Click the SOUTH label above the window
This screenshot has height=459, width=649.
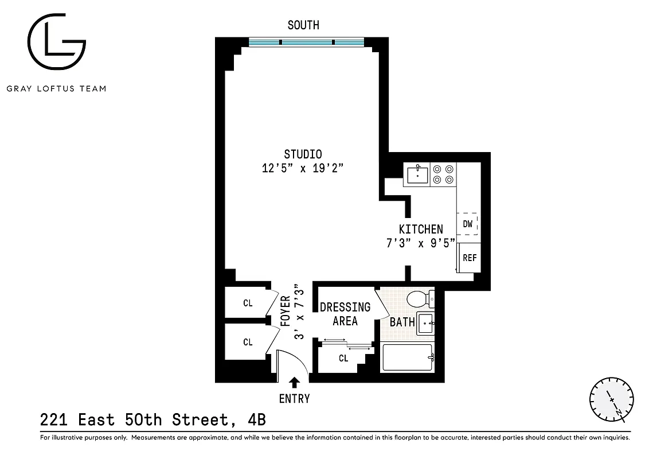pyautogui.click(x=303, y=25)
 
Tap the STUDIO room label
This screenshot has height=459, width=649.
pyautogui.click(x=303, y=154)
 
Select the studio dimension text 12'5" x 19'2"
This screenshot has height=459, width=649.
pyautogui.click(x=302, y=168)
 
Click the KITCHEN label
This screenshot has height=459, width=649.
pyautogui.click(x=421, y=229)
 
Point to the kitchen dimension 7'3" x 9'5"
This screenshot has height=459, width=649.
pyautogui.click(x=420, y=243)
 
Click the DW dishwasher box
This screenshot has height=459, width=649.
pyautogui.click(x=468, y=224)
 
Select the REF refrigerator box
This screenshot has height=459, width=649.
pyautogui.click(x=469, y=258)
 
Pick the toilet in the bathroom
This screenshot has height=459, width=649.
pyautogui.click(x=420, y=299)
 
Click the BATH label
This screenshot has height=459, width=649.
pyautogui.click(x=402, y=322)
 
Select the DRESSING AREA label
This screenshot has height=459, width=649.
pyautogui.click(x=345, y=314)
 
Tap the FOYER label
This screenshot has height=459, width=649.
pyautogui.click(x=285, y=310)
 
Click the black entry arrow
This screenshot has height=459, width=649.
pyautogui.click(x=294, y=382)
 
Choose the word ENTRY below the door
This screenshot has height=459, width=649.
pyautogui.click(x=294, y=399)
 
